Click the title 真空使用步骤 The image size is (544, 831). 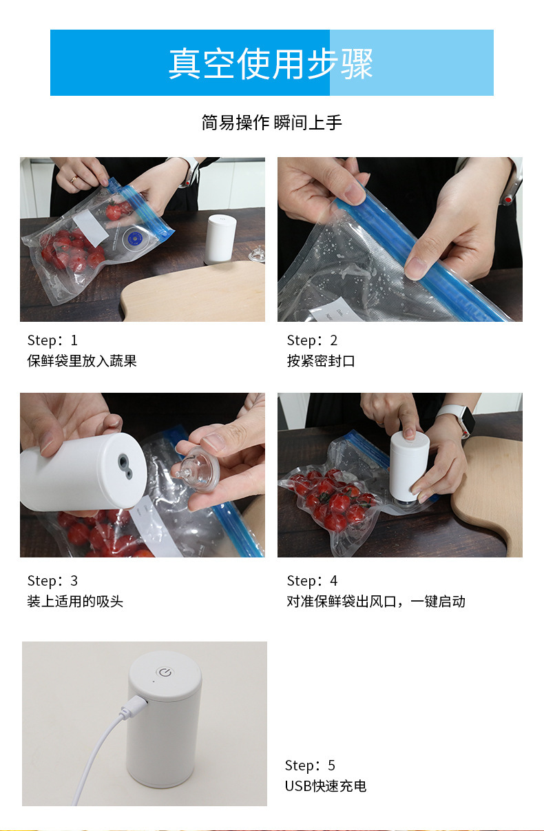coord(271,63)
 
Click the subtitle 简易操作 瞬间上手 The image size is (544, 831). coord(271,123)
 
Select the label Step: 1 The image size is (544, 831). coord(52,340)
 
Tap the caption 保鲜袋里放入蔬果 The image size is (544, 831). coord(82,361)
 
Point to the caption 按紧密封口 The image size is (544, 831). coord(321,361)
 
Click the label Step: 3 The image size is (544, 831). coord(52,581)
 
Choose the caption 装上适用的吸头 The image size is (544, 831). coord(75,602)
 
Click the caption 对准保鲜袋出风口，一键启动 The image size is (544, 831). coord(376,602)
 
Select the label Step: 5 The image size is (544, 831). coord(311,766)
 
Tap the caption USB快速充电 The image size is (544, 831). coord(326,786)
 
